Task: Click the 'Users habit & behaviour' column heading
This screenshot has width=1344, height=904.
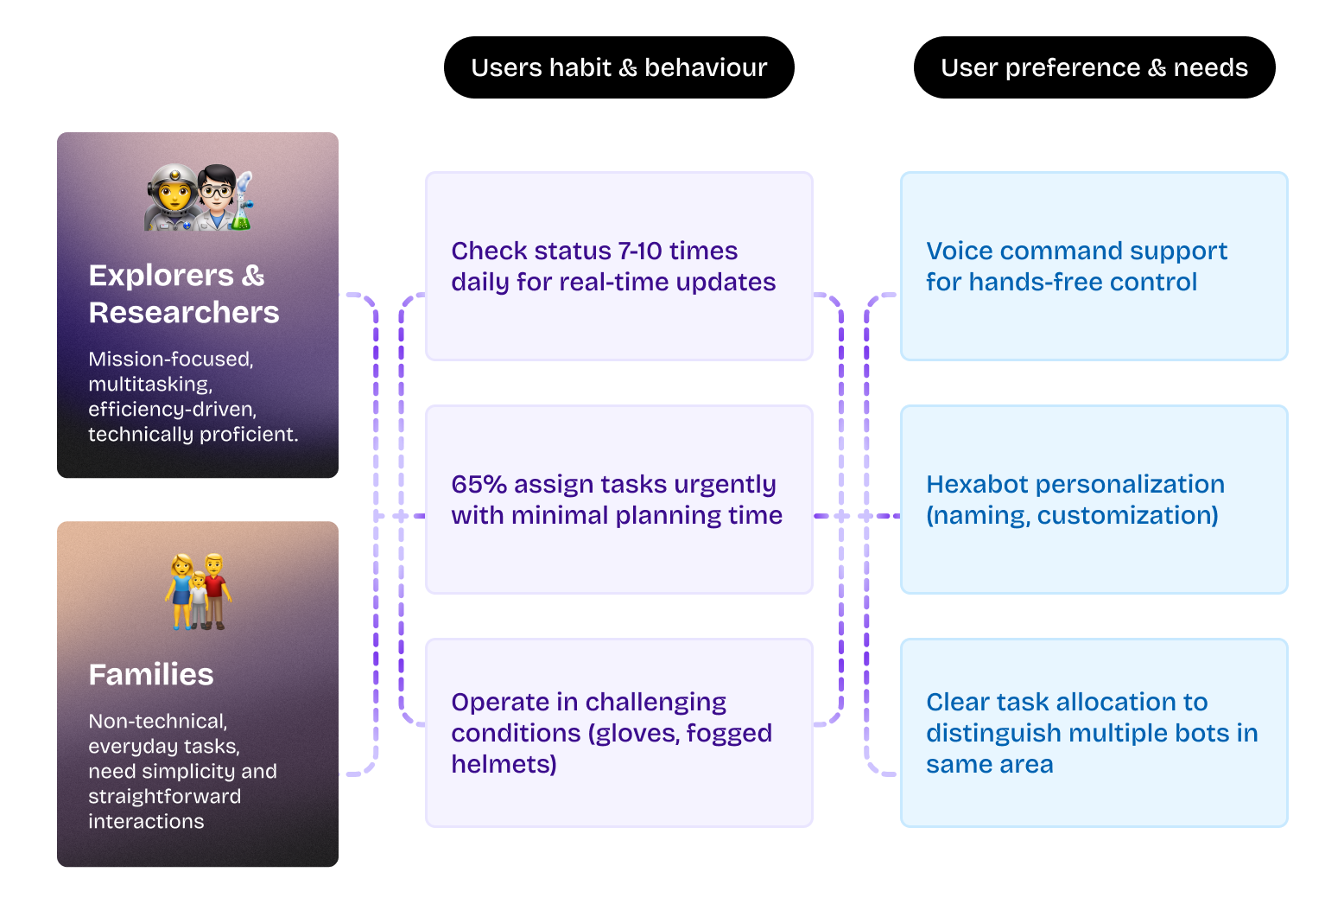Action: (618, 67)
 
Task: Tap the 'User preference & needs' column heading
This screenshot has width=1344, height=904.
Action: (1094, 67)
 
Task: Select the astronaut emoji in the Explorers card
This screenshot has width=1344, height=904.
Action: (172, 198)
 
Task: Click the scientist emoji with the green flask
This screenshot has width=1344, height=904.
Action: (224, 198)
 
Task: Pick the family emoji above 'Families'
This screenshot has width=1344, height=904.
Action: (198, 591)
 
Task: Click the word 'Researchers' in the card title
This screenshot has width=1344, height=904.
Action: (184, 312)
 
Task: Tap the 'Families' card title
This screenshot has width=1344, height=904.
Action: (151, 674)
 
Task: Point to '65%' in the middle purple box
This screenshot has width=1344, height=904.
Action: (479, 484)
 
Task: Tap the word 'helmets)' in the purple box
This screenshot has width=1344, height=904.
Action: (504, 764)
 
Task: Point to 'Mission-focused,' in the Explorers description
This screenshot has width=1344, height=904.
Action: (171, 359)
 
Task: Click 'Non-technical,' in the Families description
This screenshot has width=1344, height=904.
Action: (158, 721)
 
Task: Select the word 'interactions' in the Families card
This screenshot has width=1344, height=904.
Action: (146, 821)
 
